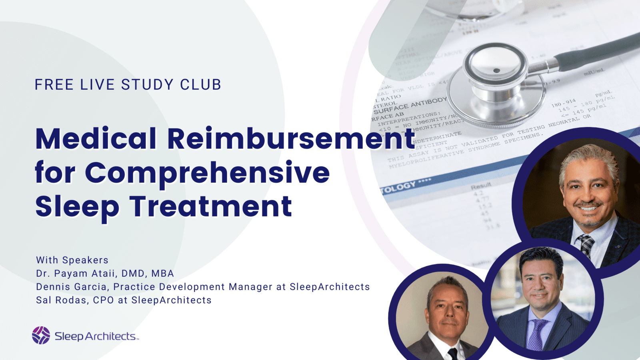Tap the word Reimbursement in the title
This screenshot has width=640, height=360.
pyautogui.click(x=291, y=139)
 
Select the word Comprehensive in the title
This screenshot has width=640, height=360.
pyautogui.click(x=207, y=173)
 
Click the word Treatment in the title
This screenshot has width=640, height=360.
pyautogui.click(x=210, y=207)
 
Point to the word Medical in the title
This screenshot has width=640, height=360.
pyautogui.click(x=96, y=139)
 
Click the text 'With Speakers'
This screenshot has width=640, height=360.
pyautogui.click(x=72, y=260)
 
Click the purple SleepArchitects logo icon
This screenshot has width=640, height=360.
pyautogui.click(x=41, y=335)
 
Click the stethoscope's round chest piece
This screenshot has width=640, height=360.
pyautogui.click(x=496, y=76)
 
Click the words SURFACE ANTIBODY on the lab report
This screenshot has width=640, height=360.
pyautogui.click(x=410, y=105)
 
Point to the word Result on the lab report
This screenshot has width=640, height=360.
pyautogui.click(x=481, y=186)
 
